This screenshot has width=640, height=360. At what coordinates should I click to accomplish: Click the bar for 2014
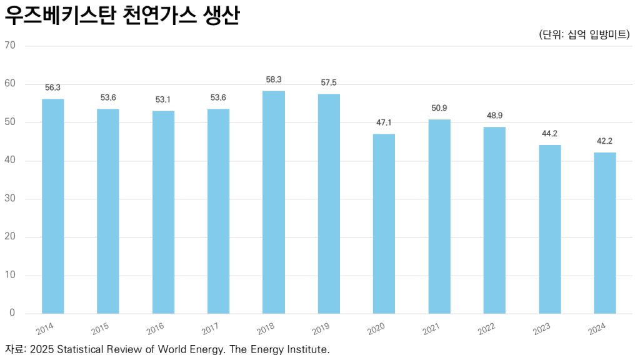(52, 206)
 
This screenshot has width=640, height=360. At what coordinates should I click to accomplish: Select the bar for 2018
(273, 202)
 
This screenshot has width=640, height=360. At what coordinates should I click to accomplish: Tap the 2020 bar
(384, 224)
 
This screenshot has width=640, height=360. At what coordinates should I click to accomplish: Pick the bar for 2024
(604, 233)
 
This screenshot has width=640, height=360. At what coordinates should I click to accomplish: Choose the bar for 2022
(494, 220)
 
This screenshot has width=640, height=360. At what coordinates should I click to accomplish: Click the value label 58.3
(274, 80)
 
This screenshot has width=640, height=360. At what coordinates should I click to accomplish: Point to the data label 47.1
(384, 122)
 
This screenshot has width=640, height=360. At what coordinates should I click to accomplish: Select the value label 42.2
(604, 141)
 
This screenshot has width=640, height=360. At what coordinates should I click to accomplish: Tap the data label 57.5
(329, 82)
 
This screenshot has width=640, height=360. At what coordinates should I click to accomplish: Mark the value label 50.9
(439, 108)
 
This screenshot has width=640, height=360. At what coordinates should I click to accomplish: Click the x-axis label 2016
(156, 329)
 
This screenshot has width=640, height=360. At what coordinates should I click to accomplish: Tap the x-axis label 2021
(431, 329)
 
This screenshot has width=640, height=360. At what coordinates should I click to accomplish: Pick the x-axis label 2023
(542, 329)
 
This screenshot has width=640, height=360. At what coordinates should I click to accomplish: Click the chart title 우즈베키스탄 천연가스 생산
(122, 16)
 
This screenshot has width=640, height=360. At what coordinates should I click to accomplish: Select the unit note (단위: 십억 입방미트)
(584, 34)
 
